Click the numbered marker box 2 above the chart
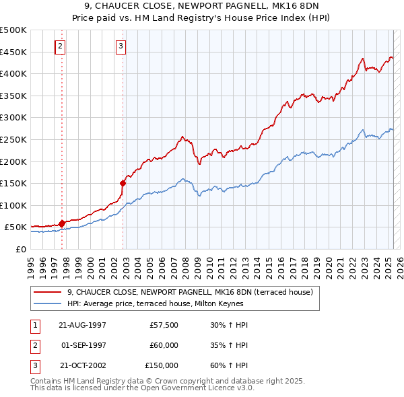[61, 46]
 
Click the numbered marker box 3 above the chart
[121, 46]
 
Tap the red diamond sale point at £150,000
[123, 182]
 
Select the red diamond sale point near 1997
[62, 223]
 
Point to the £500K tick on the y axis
[13, 30]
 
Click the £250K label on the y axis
[13, 139]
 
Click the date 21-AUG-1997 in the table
[82, 325]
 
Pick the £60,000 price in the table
[164, 345]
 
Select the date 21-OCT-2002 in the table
[82, 365]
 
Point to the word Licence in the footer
[219, 388]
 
